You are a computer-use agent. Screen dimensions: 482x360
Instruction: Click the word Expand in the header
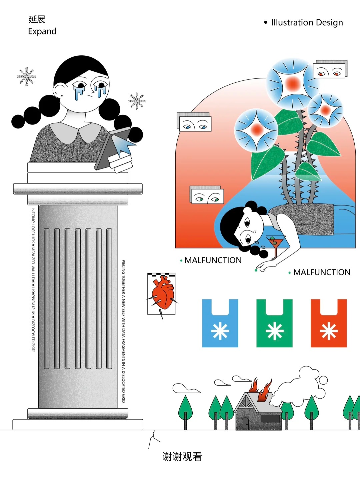[x=42, y=31]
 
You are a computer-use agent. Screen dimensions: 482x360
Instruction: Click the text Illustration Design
[x=307, y=22]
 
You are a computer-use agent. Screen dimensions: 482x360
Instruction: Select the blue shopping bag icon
[x=220, y=323]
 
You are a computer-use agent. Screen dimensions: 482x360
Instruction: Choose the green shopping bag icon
[x=274, y=323]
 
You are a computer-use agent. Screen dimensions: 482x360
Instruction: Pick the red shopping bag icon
[x=329, y=323]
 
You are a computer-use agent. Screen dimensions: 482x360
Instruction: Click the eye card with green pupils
[x=207, y=197]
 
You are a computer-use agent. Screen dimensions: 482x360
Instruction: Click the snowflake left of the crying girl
[x=26, y=76]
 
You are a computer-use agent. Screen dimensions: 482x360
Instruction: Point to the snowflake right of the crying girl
[x=137, y=101]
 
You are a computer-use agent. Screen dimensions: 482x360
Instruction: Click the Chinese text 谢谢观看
[x=182, y=457]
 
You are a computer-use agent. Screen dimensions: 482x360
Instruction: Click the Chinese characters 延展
[x=37, y=19]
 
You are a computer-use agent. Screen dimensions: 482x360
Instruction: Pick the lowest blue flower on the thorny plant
[x=256, y=130]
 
